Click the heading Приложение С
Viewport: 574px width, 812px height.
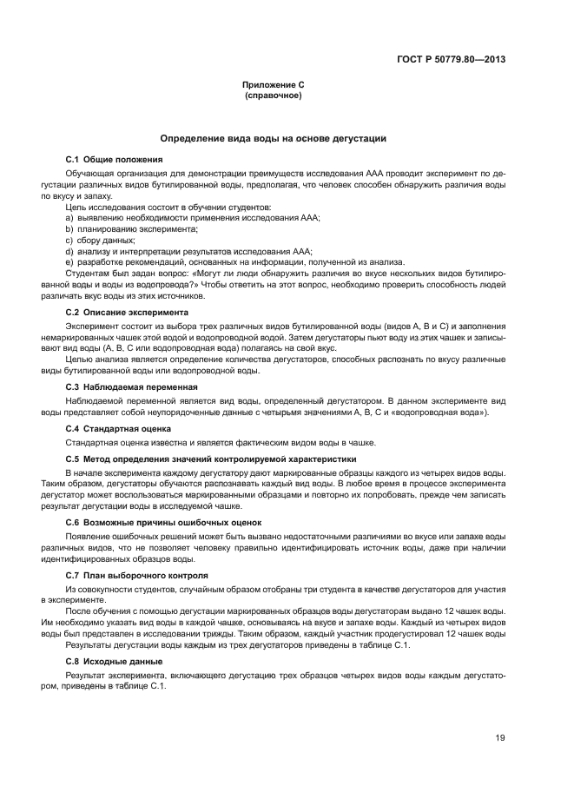coord(273,84)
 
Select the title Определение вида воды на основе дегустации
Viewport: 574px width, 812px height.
coord(273,138)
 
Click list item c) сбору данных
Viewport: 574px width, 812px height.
coord(100,240)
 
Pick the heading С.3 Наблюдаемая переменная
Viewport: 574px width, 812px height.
coord(132,386)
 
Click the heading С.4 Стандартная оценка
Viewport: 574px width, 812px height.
coord(118,428)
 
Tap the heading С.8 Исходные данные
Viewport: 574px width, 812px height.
coord(113,661)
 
